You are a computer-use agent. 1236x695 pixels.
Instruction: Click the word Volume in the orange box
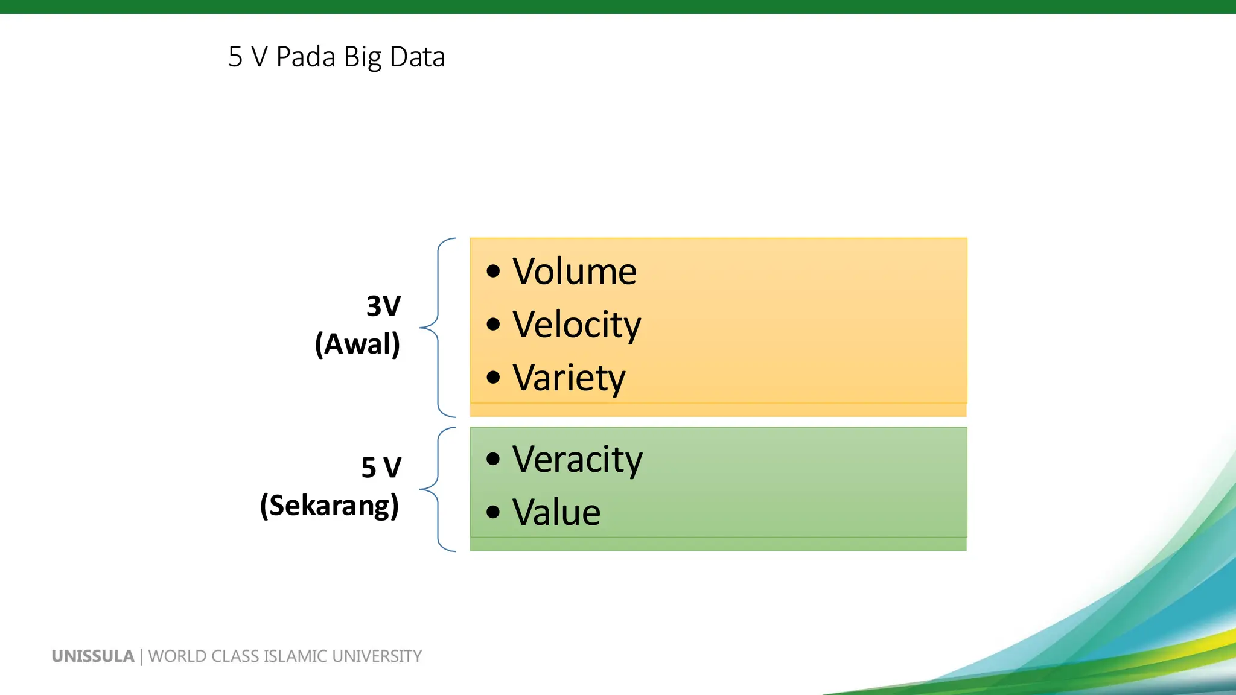574,271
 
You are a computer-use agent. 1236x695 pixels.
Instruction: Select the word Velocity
576,325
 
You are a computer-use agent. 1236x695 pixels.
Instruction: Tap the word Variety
569,378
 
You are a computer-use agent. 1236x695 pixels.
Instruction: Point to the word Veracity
577,460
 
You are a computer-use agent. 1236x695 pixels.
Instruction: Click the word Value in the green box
556,513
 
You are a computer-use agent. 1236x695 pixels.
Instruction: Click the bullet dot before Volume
493,271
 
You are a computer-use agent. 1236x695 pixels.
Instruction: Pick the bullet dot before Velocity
493,325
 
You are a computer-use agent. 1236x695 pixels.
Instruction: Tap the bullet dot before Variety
493,378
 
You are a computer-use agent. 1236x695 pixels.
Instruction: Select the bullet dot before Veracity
493,459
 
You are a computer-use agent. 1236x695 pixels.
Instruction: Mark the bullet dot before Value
493,512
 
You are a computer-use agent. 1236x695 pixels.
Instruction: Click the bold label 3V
383,306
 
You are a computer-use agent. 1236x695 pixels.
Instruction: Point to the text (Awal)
357,344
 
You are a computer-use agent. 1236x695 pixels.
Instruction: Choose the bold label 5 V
381,468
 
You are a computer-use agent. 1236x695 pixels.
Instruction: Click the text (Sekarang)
330,506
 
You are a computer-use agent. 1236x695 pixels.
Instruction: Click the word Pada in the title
305,57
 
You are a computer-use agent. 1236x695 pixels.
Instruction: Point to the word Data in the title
417,57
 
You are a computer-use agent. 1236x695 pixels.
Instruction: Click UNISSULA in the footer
93,656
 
